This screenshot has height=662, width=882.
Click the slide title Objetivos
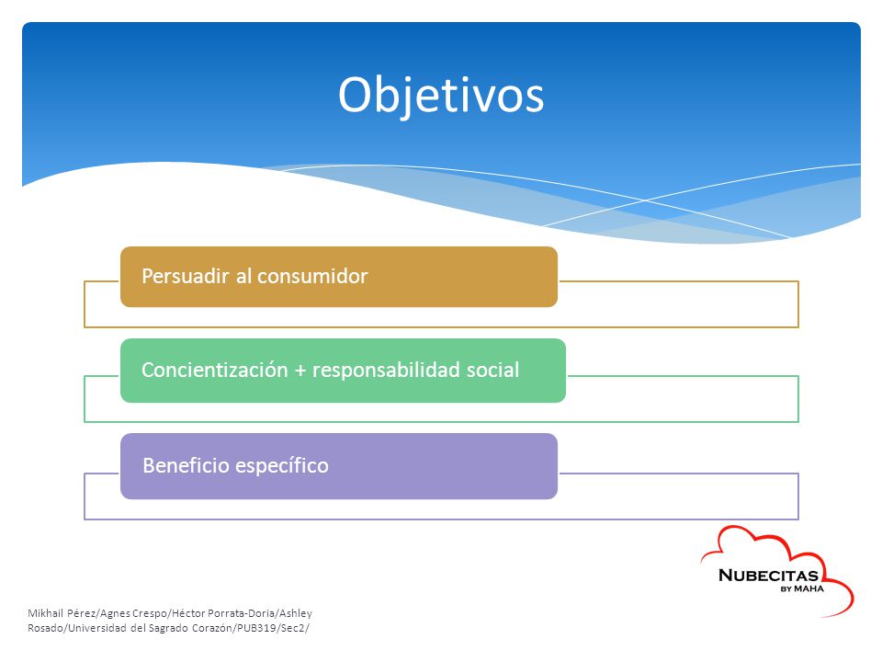tap(441, 96)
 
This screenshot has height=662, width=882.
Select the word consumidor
tap(312, 276)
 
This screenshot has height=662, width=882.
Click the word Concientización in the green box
tap(215, 370)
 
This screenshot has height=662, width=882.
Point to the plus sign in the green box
tap(300, 371)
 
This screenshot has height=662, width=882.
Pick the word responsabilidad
tap(387, 371)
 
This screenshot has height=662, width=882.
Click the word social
tap(493, 370)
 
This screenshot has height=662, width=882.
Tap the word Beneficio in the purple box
tap(186, 465)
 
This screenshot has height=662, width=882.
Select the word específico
tap(282, 465)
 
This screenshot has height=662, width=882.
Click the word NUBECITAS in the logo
tap(768, 576)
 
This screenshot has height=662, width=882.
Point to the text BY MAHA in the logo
tap(802, 588)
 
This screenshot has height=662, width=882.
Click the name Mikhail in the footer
tap(46, 613)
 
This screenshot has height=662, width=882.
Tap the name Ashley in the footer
tap(296, 613)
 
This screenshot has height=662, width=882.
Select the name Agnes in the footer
tap(115, 613)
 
